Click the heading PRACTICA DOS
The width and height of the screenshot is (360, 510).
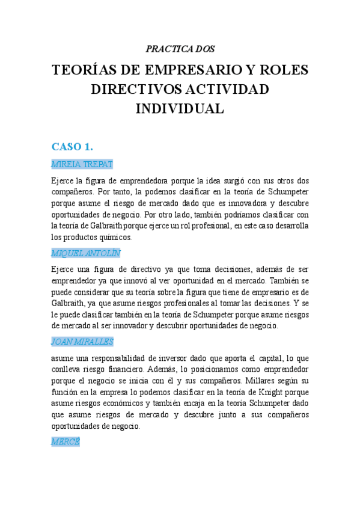(x=180, y=49)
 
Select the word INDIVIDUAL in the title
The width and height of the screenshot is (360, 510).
(x=180, y=109)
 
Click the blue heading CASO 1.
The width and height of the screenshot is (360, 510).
(x=72, y=147)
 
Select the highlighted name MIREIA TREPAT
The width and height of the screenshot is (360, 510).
(x=82, y=164)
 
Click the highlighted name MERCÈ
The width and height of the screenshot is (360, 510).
(x=66, y=441)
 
